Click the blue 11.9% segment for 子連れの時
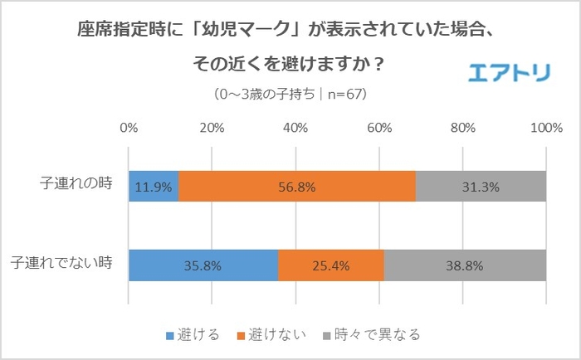tap(154, 187)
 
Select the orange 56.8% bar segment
tap(296, 187)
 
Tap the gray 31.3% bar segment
tap(481, 187)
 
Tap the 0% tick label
tap(129, 129)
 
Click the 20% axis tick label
tap(212, 129)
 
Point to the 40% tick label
tap(295, 129)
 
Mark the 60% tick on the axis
tap(379, 129)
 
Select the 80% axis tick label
tap(462, 129)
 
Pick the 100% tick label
tap(545, 129)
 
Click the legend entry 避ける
tap(198, 335)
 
